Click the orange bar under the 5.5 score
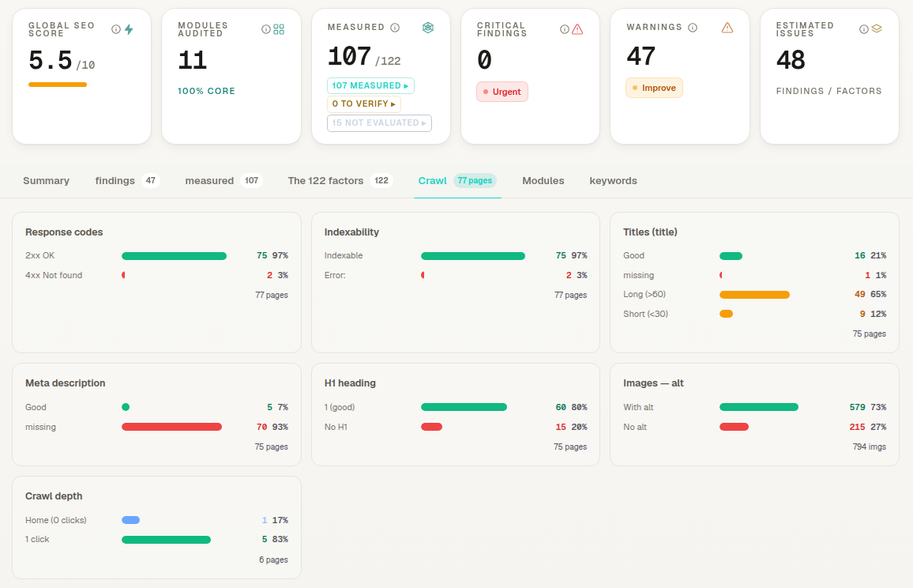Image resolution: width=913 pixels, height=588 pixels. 58,85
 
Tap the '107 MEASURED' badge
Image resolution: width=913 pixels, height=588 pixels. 370,85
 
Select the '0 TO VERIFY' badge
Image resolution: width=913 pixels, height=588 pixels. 364,104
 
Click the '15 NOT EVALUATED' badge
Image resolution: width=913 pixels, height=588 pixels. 379,123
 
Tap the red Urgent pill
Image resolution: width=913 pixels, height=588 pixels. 502,92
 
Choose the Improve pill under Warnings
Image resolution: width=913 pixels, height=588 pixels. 654,88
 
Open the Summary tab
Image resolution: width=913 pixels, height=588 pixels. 46,181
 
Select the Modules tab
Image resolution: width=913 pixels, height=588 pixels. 543,181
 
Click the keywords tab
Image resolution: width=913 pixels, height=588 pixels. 613,181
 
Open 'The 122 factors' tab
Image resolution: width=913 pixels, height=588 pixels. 325,181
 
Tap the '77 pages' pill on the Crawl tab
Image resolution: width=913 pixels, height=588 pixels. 475,181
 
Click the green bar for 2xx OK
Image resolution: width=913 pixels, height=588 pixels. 174,256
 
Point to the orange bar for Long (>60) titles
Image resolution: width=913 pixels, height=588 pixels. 754,295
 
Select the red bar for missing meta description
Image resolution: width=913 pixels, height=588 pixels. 171,427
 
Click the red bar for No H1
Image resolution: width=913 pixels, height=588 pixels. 431,427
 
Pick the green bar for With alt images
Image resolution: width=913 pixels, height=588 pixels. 759,407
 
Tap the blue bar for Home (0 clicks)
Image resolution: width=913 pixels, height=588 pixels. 130,520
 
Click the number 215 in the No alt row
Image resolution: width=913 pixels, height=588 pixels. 857,427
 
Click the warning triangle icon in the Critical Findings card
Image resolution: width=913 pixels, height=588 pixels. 577,29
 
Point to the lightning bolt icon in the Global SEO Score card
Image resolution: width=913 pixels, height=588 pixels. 129,29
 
